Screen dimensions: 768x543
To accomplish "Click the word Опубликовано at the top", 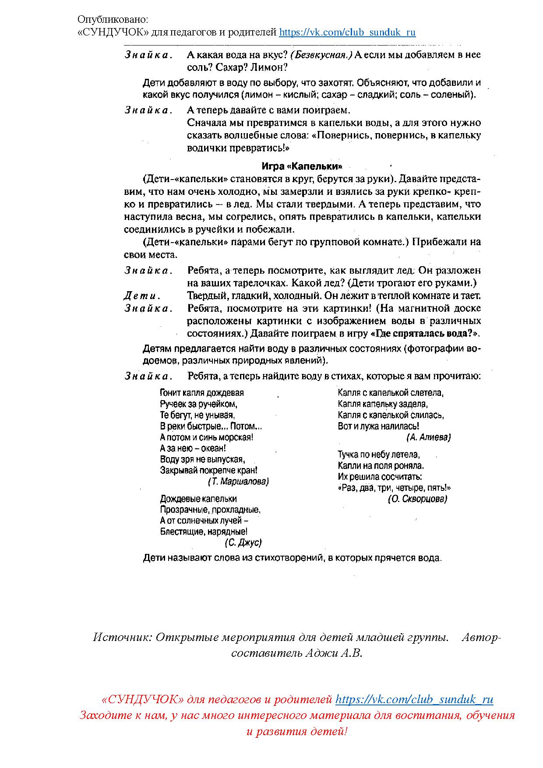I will click(x=113, y=20).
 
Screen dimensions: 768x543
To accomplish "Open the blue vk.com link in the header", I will click(x=347, y=32).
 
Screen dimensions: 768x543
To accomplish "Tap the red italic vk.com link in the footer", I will click(x=414, y=700).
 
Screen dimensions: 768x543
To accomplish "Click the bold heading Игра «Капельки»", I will click(x=302, y=166).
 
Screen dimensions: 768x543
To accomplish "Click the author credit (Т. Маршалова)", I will click(x=238, y=482).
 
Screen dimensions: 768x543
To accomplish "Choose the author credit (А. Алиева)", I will click(x=428, y=437).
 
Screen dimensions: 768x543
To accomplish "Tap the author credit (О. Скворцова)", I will click(x=417, y=499).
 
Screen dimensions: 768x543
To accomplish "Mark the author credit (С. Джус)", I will click(x=243, y=543).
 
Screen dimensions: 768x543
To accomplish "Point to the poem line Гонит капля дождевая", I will click(x=202, y=393).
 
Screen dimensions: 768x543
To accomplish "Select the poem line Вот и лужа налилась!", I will click(x=378, y=426).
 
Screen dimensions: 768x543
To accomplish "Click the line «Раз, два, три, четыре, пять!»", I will click(x=394, y=488).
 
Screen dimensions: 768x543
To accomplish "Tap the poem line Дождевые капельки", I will click(x=198, y=499).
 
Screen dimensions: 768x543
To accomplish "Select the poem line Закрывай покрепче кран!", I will click(x=208, y=470).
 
